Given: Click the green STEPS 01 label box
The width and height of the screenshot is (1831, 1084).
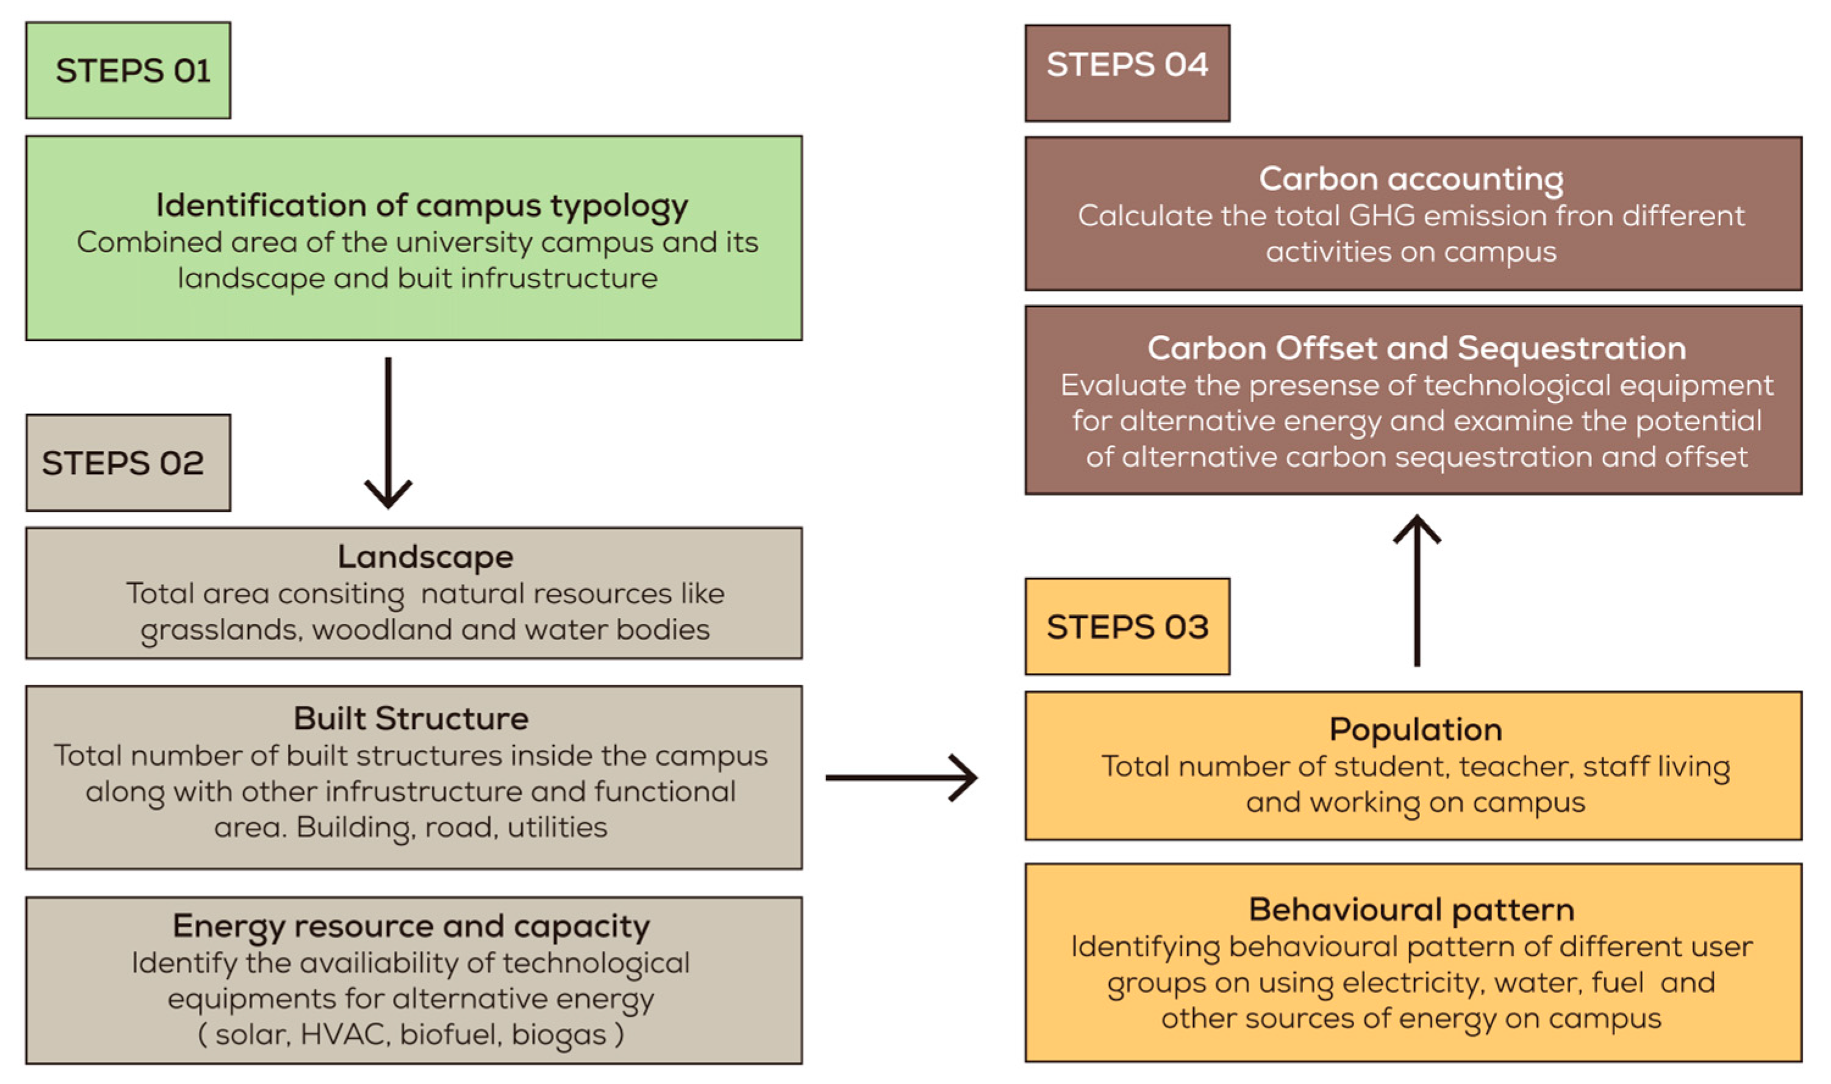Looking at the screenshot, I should click(x=128, y=70).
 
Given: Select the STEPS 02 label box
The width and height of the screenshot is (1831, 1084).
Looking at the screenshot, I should click(x=128, y=462).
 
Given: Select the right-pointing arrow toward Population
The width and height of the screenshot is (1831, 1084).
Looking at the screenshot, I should click(x=901, y=777).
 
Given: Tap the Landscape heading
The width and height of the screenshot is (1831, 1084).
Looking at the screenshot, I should click(x=425, y=556).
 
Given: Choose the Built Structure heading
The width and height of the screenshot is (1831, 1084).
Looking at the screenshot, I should click(x=411, y=719).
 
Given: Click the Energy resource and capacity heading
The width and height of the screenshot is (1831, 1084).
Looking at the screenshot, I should click(x=411, y=926).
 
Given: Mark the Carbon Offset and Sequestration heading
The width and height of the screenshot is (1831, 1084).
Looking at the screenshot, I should click(x=1416, y=348).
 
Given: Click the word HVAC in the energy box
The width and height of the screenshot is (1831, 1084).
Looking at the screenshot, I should click(x=343, y=1035).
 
